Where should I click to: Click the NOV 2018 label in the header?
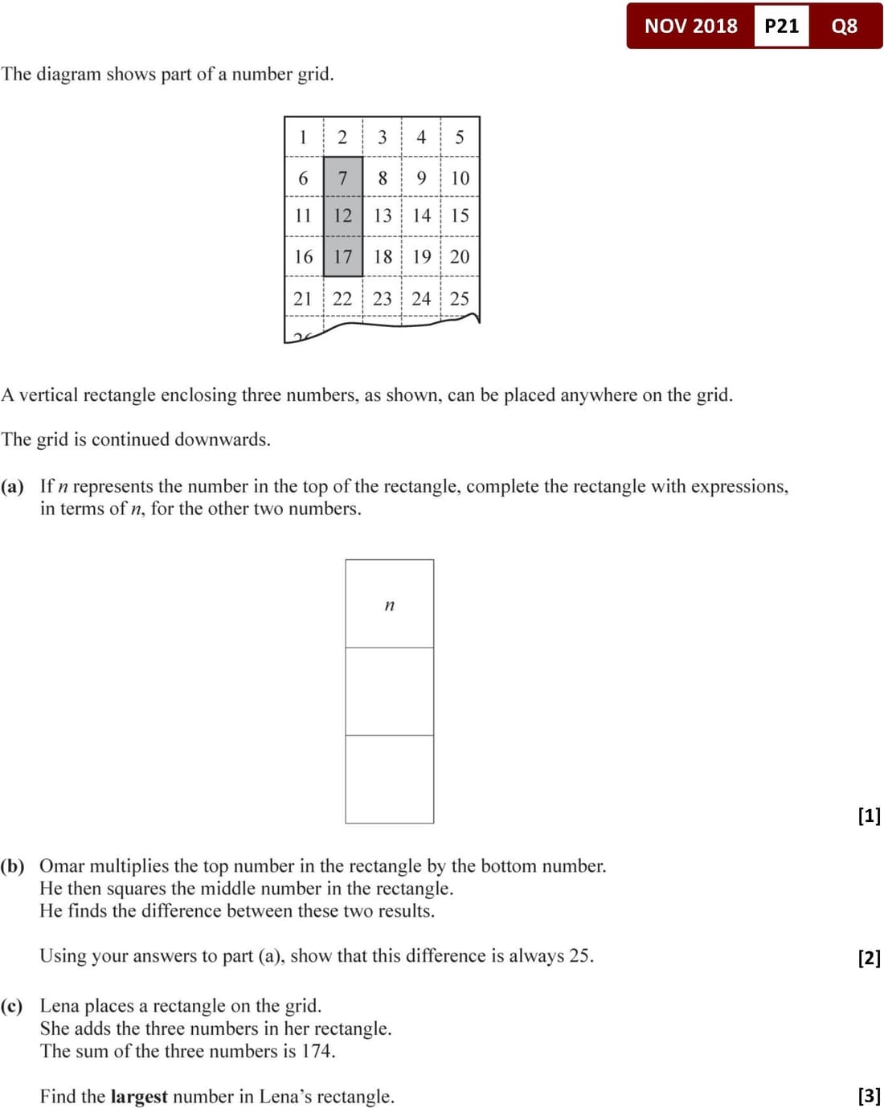coord(690,26)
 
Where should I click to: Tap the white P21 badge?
coord(781,26)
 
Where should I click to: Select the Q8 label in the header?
coord(844,26)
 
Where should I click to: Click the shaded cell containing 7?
coord(342,178)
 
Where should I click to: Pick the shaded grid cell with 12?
coord(342,215)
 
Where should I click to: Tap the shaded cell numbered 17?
coord(342,256)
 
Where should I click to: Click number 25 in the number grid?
coord(460,299)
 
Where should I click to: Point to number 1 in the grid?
coord(303,137)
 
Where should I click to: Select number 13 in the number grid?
coord(383,215)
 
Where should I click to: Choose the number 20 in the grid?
coord(460,256)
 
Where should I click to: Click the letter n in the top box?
coord(390,605)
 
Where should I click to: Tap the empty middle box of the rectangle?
coord(390,691)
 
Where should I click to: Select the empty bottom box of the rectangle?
coord(390,779)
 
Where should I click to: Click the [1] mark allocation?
coord(869,816)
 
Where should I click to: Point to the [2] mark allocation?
coord(869,957)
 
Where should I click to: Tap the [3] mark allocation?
coord(869,1095)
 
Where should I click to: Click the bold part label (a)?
coord(12,486)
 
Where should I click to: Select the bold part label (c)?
coord(12,1006)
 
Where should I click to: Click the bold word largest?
coord(139,1097)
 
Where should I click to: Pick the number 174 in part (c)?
coord(317,1051)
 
